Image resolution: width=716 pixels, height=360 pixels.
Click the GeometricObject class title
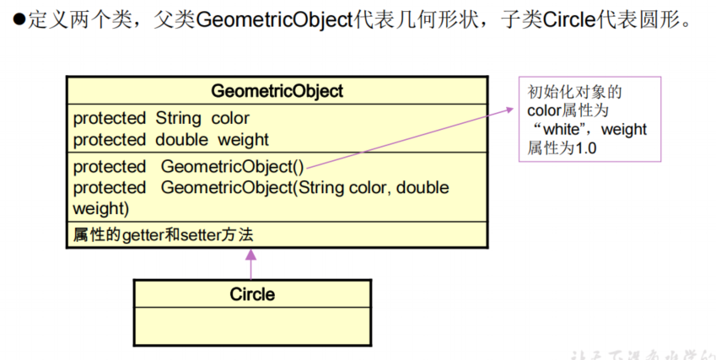(277, 91)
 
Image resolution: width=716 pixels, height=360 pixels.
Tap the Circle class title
(252, 294)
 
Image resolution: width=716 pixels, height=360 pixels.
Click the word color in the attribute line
(230, 119)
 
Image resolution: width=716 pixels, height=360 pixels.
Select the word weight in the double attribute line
(243, 139)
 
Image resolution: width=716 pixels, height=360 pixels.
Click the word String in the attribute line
(178, 119)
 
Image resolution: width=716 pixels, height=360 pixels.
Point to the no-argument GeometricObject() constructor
(233, 167)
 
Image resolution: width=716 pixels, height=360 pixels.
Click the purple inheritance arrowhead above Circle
(251, 254)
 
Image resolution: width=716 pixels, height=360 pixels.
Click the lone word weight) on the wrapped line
(100, 208)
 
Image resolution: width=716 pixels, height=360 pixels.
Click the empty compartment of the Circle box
(251, 326)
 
